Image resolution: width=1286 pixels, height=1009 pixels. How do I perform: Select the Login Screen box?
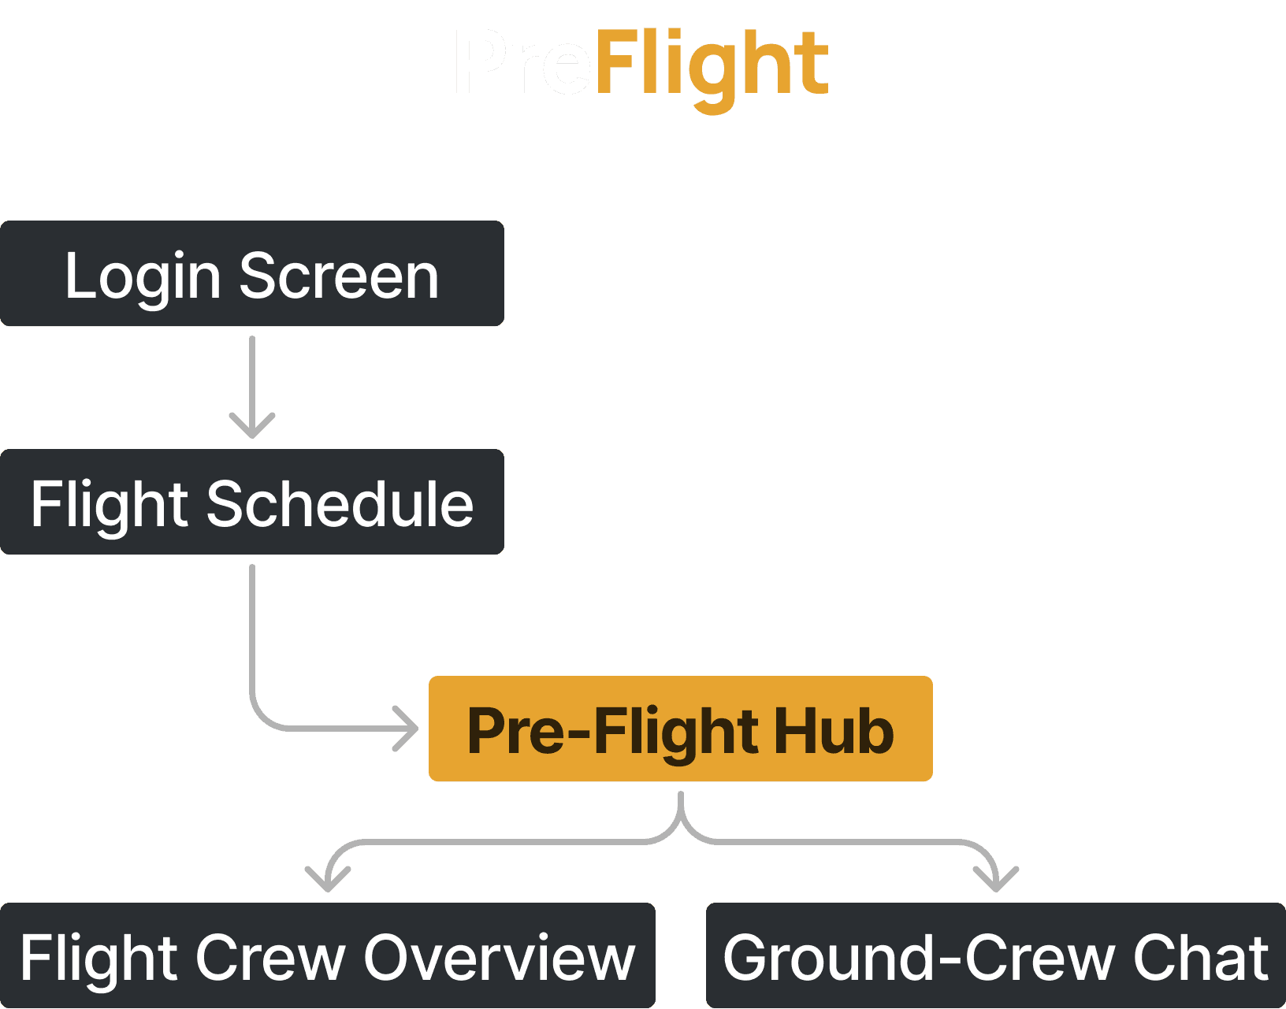252,274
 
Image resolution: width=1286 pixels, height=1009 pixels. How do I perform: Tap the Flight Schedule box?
252,503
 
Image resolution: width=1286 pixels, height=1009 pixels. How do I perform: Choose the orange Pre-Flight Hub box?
680,729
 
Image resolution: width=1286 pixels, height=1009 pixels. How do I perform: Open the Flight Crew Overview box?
327,956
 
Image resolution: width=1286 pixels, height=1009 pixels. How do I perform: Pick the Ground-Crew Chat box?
995,956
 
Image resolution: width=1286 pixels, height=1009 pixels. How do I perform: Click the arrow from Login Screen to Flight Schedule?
252,386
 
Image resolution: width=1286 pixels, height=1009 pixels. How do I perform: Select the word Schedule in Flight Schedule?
340,504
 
